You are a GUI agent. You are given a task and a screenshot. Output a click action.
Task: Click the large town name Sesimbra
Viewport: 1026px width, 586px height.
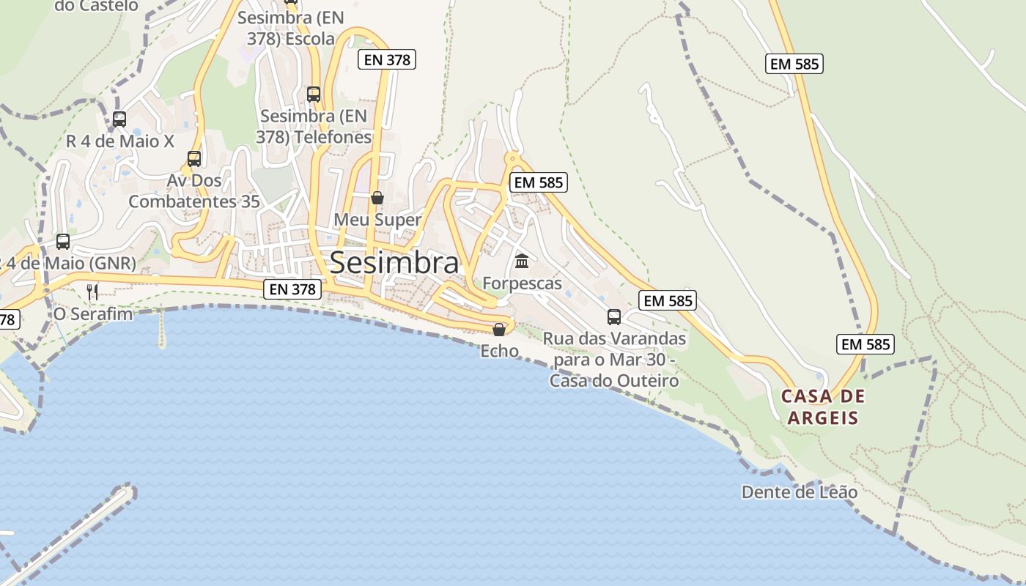pos(394,262)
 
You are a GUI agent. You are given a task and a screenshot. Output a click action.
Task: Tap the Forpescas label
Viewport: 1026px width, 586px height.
pos(522,283)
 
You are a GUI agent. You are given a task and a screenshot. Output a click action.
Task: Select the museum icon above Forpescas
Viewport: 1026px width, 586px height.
pos(522,261)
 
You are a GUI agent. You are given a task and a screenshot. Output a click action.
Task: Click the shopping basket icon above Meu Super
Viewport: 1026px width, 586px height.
pos(377,198)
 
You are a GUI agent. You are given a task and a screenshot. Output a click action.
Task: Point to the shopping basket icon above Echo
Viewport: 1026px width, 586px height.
pos(499,330)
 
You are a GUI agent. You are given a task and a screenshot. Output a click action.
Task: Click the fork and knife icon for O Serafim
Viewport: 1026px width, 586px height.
pos(92,292)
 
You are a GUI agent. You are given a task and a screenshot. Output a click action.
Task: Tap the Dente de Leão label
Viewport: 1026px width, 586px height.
pos(799,492)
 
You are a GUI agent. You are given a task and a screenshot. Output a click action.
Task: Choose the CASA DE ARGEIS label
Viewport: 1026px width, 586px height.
pos(822,407)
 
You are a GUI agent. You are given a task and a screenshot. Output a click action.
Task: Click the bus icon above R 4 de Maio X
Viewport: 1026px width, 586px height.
pos(119,119)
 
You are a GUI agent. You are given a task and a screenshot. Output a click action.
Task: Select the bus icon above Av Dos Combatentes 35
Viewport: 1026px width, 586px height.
pos(194,158)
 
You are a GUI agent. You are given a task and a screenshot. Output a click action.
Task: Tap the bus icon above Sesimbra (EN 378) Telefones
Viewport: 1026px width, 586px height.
pos(314,94)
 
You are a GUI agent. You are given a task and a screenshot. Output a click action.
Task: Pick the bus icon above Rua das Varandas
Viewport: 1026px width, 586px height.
pos(614,317)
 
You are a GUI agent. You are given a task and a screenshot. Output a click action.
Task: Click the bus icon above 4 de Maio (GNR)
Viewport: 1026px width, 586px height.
pos(63,241)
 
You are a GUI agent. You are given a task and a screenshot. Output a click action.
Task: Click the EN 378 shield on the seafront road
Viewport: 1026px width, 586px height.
pos(292,289)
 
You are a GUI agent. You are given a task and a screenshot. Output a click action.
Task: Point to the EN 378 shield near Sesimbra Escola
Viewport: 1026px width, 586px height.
pos(387,60)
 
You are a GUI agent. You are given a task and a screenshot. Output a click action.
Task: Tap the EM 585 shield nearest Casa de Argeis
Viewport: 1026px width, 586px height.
pos(865,344)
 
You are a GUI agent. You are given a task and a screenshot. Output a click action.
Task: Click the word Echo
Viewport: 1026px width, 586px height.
pos(499,352)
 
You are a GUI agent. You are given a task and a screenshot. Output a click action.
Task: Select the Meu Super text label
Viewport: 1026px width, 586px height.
pos(377,220)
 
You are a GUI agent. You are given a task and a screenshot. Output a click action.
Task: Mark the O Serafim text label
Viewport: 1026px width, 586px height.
pos(93,314)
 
